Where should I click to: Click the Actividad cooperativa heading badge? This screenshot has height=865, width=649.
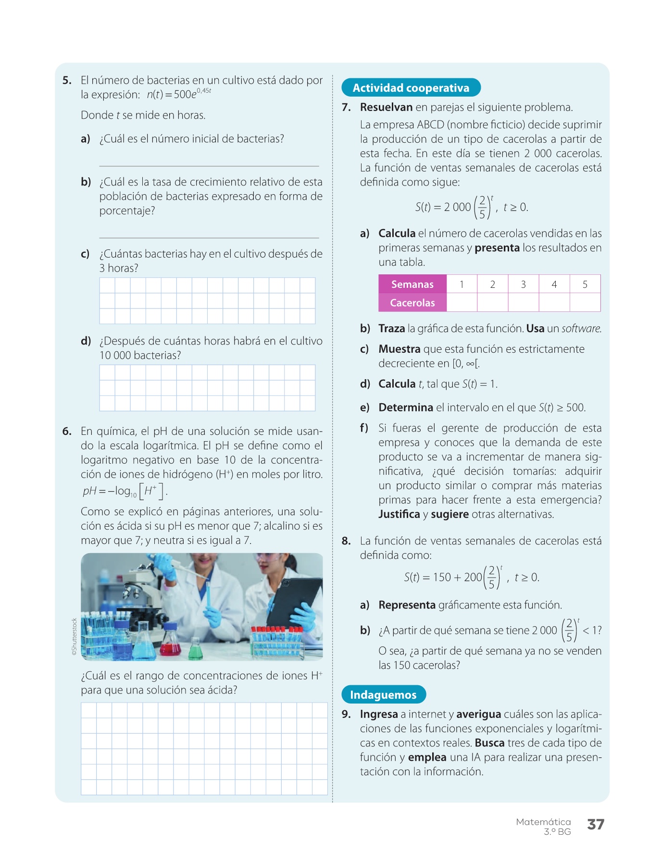pyautogui.click(x=411, y=88)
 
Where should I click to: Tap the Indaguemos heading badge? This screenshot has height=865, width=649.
pyautogui.click(x=383, y=694)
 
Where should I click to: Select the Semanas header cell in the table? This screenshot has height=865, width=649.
pyautogui.click(x=412, y=284)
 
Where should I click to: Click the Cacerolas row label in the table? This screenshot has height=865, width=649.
pyautogui.click(x=412, y=303)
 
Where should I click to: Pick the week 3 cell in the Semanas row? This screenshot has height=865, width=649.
pyautogui.click(x=523, y=284)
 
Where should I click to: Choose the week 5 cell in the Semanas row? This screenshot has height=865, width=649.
pyautogui.click(x=585, y=284)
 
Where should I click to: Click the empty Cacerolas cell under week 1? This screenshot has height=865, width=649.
pyautogui.click(x=462, y=303)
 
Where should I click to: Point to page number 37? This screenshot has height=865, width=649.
pyautogui.click(x=595, y=824)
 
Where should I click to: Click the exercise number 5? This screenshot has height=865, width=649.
pyautogui.click(x=67, y=80)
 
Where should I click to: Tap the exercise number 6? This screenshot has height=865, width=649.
pyautogui.click(x=67, y=431)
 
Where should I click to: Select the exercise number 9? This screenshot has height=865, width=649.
pyautogui.click(x=346, y=714)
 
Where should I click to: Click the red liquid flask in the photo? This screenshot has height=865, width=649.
pyautogui.click(x=171, y=644)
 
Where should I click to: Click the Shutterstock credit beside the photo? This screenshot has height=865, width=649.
pyautogui.click(x=74, y=636)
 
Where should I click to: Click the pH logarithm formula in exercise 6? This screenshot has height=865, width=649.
pyautogui.click(x=124, y=491)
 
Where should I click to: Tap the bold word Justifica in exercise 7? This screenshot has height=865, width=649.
pyautogui.click(x=399, y=514)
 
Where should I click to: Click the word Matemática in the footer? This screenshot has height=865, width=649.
pyautogui.click(x=543, y=822)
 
